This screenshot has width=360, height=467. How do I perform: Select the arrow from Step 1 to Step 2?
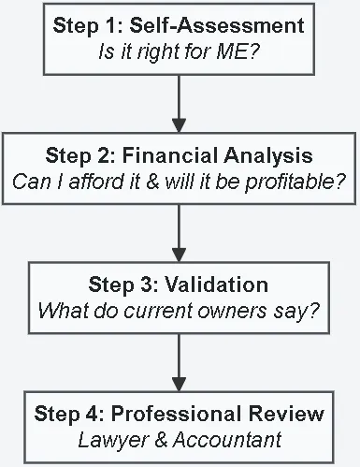[x=180, y=104]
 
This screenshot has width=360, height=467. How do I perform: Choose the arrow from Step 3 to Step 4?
[x=180, y=361]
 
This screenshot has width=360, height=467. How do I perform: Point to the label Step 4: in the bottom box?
[x=67, y=413]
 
